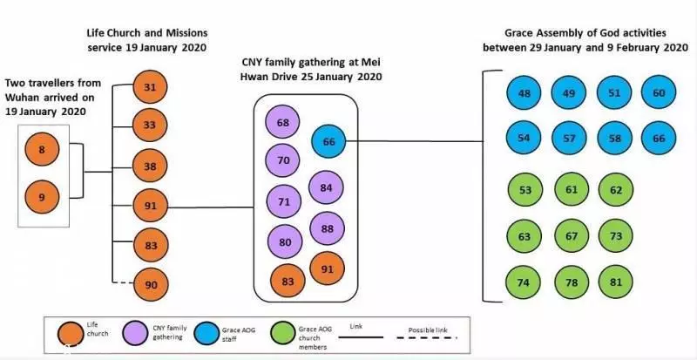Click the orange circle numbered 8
point(42,150)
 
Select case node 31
point(150,87)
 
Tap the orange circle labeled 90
point(151,284)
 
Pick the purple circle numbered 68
point(282,122)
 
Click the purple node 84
point(326,187)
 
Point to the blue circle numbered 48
point(524,93)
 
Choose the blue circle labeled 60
point(659,92)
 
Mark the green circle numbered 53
point(525,190)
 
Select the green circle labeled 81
point(616,282)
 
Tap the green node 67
point(572,236)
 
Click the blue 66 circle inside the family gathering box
point(328,141)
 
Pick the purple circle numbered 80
point(285,241)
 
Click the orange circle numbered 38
point(150,166)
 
